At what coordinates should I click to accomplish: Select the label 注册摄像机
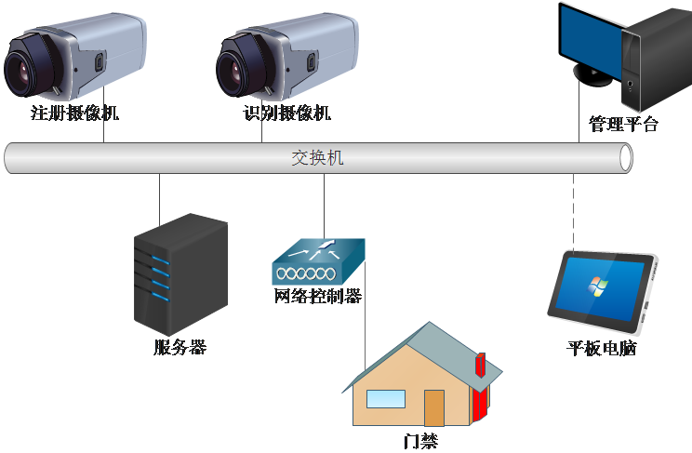(x=75, y=114)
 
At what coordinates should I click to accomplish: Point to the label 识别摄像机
(x=287, y=114)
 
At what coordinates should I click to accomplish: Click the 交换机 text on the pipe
(x=317, y=158)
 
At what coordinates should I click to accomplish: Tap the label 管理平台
(x=623, y=124)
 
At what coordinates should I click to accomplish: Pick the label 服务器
(x=180, y=348)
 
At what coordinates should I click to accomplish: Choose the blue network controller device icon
(x=317, y=263)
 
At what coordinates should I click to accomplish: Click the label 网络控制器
(x=317, y=297)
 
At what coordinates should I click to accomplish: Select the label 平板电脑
(x=602, y=349)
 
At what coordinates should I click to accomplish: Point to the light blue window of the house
(x=385, y=399)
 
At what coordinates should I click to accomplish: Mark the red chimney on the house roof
(x=480, y=364)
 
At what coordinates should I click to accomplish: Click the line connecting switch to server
(x=159, y=200)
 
